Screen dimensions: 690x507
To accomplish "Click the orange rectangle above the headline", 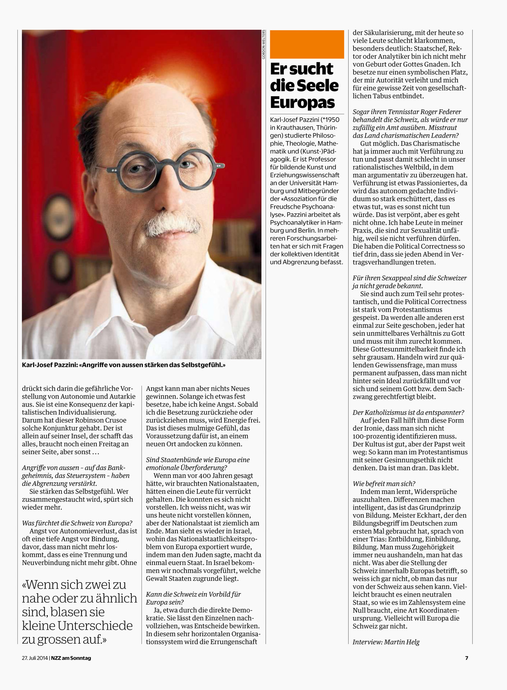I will tap(307, 44).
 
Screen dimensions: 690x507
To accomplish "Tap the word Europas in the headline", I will tap(303, 102).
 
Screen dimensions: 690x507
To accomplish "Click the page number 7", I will tap(467, 658).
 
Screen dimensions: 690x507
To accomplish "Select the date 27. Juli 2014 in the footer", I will tap(35, 658).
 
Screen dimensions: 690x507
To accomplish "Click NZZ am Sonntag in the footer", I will tap(71, 658).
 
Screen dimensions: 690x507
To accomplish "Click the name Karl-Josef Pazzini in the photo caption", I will tap(49, 365).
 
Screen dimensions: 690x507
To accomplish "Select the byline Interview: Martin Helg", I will tap(386, 642).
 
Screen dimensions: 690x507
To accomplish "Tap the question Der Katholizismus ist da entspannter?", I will tap(408, 413).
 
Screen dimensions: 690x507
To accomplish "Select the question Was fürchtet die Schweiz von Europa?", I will tap(77, 523).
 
